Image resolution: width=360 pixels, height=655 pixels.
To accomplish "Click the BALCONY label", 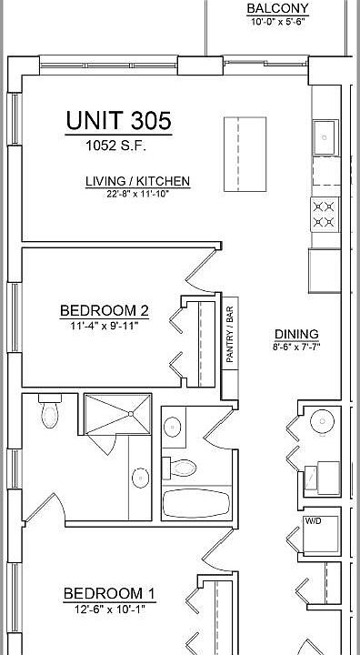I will (277, 9).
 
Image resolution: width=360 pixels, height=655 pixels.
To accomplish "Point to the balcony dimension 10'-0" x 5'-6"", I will (277, 22).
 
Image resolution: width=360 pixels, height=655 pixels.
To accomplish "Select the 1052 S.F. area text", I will (117, 146).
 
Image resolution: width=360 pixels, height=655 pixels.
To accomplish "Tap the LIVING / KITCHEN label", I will (137, 181).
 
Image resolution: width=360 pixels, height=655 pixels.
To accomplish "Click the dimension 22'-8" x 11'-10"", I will (137, 193).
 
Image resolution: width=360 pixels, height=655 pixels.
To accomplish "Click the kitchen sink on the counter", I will (325, 137).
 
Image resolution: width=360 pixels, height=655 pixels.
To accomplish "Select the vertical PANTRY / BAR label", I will (230, 333).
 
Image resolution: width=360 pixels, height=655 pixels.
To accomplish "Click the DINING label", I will (296, 334).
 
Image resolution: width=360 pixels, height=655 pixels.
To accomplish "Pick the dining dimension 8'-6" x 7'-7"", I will (296, 346).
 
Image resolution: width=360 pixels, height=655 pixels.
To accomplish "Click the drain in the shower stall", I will (130, 414).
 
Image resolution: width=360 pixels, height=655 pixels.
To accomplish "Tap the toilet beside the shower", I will (50, 415).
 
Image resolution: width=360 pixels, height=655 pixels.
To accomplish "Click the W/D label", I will (313, 522).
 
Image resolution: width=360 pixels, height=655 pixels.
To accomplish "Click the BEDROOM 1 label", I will (109, 594).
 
